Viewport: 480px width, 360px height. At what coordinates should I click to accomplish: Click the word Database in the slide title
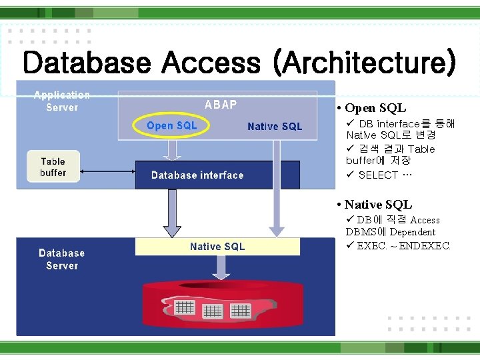[x=86, y=63]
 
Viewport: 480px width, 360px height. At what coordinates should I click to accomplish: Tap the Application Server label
[x=61, y=101]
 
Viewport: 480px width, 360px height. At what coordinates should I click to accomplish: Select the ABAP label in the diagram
[x=220, y=105]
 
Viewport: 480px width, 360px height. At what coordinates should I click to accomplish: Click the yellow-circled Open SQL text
[x=172, y=125]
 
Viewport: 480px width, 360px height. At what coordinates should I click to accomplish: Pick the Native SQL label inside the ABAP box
[x=274, y=126]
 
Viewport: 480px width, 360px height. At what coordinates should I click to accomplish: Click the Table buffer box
[x=53, y=167]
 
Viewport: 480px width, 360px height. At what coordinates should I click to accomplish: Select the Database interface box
[x=197, y=175]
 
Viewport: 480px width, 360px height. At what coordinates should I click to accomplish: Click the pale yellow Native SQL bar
[x=217, y=247]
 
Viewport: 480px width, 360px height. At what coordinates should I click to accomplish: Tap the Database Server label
[x=61, y=259]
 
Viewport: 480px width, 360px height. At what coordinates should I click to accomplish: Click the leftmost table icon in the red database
[x=184, y=308]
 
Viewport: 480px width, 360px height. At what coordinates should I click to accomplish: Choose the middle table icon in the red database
[x=212, y=311]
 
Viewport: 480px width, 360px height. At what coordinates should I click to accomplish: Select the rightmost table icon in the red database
[x=239, y=310]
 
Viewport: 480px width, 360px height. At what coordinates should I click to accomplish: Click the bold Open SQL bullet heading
[x=375, y=108]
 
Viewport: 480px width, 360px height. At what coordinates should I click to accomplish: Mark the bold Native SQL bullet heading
[x=378, y=205]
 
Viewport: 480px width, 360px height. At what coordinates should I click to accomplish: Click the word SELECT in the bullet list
[x=378, y=175]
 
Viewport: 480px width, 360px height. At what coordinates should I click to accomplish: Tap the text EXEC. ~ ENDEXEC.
[x=404, y=245]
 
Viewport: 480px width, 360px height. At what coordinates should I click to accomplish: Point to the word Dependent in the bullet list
[x=412, y=232]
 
